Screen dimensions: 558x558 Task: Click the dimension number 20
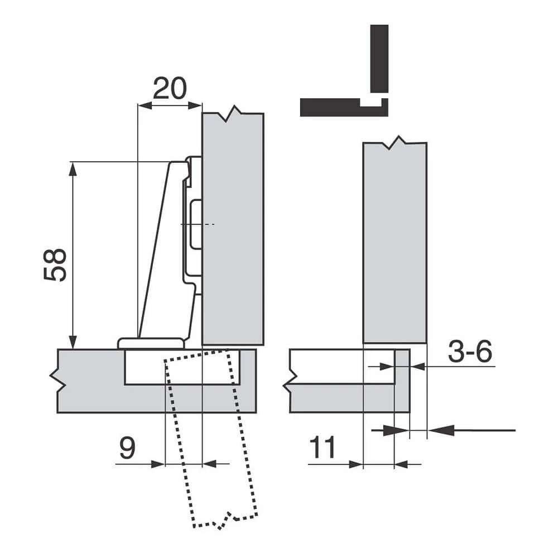[x=170, y=88]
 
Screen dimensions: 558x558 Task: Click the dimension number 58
[x=55, y=264]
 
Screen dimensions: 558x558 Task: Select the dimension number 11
[x=323, y=447]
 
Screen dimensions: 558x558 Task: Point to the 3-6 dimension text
[x=470, y=351]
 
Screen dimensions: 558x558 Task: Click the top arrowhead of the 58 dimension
[x=73, y=169]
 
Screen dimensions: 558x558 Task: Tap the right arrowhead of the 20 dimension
[x=195, y=105]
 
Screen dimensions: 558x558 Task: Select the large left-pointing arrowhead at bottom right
[x=441, y=430]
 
